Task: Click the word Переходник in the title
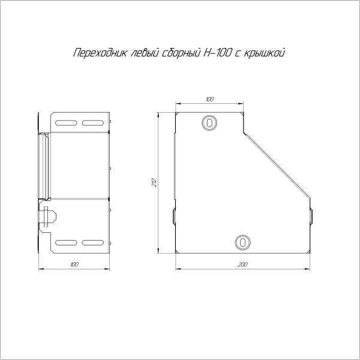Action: pyautogui.click(x=100, y=53)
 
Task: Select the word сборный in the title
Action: pyautogui.click(x=181, y=53)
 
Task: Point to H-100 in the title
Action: pyautogui.click(x=217, y=53)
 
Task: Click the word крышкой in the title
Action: pyautogui.click(x=264, y=53)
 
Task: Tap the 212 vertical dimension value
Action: pyautogui.click(x=155, y=182)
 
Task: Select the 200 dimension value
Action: pyautogui.click(x=242, y=265)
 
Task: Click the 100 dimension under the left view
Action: pyautogui.click(x=74, y=265)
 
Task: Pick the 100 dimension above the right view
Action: pyautogui.click(x=209, y=99)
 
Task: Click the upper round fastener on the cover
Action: pyautogui.click(x=209, y=123)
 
